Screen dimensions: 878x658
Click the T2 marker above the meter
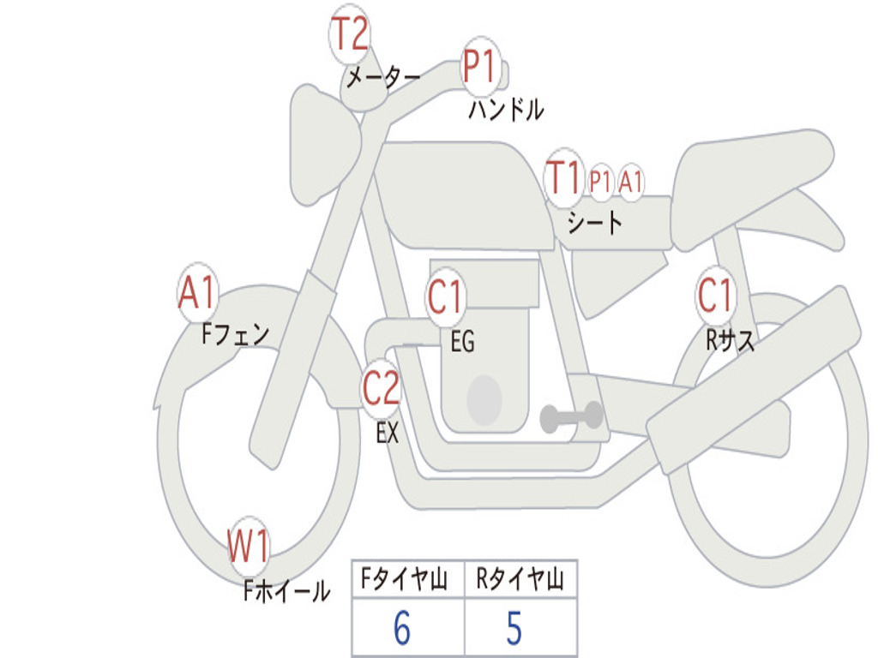click(349, 34)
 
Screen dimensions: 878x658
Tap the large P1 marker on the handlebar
click(480, 66)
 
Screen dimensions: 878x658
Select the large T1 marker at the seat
click(564, 178)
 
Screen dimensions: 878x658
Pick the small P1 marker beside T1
click(601, 182)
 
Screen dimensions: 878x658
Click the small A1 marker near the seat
click(631, 182)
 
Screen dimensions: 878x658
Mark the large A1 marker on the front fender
click(198, 293)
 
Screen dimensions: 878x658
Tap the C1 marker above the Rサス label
click(715, 296)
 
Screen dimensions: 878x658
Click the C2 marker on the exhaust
click(381, 389)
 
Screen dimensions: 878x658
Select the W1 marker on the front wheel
click(249, 546)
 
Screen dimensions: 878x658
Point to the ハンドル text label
click(506, 110)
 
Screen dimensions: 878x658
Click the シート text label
click(594, 224)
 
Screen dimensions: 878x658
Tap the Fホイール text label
click(286, 590)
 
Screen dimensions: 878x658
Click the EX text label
click(388, 434)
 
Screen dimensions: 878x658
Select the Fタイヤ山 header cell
click(408, 580)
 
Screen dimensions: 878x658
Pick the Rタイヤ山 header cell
click(520, 580)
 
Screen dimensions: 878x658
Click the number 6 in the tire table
click(401, 629)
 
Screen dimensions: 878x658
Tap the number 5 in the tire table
click(514, 629)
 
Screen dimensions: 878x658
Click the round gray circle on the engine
click(484, 398)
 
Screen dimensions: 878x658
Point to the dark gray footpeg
click(571, 417)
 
